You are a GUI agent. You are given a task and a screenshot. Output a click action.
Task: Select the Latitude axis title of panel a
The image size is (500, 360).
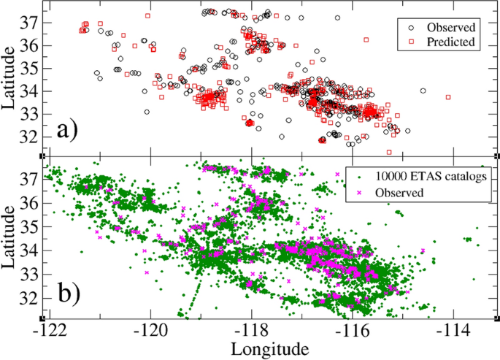(11, 79)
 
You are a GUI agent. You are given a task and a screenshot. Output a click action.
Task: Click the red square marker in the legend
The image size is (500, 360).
(413, 42)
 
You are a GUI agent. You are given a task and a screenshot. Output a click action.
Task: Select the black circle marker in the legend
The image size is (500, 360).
(413, 26)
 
